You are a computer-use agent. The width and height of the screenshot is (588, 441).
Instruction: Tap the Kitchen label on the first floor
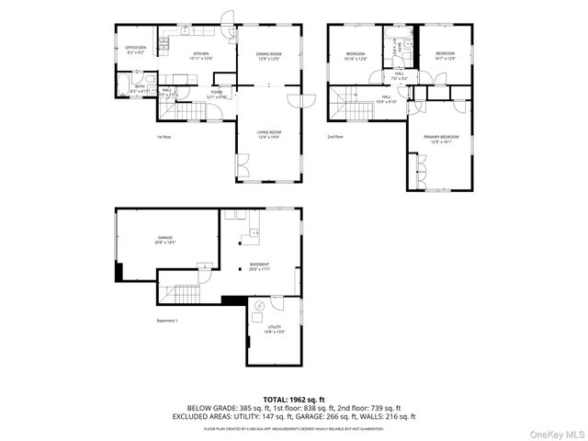click(x=199, y=56)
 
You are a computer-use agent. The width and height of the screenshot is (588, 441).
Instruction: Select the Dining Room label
click(x=268, y=56)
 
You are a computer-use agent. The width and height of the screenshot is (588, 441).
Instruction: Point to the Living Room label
click(x=268, y=134)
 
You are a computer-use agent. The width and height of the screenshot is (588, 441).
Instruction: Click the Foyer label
click(x=217, y=94)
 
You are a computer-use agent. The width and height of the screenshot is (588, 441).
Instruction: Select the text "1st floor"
click(x=164, y=137)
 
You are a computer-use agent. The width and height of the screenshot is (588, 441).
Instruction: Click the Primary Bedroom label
click(x=439, y=139)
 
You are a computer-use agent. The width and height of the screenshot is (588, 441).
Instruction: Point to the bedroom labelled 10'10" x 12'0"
click(x=356, y=56)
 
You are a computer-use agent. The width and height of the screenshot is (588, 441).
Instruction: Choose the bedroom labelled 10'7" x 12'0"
click(x=445, y=56)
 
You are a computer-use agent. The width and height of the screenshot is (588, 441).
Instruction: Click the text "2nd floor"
click(x=336, y=137)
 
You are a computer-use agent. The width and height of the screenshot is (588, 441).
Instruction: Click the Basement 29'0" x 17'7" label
click(x=259, y=266)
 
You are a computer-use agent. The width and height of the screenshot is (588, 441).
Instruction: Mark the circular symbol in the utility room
click(x=259, y=306)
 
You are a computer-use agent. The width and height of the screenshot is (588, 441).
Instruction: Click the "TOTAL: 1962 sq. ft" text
click(x=293, y=400)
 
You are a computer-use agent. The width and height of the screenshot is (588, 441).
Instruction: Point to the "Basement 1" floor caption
click(x=166, y=321)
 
